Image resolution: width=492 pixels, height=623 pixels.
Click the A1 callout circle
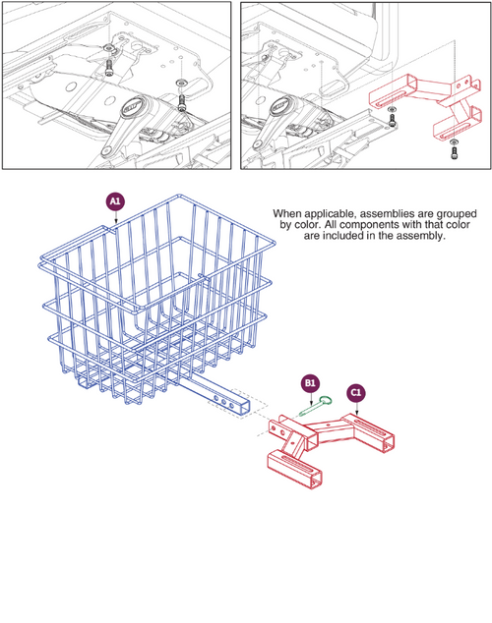(115, 201)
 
